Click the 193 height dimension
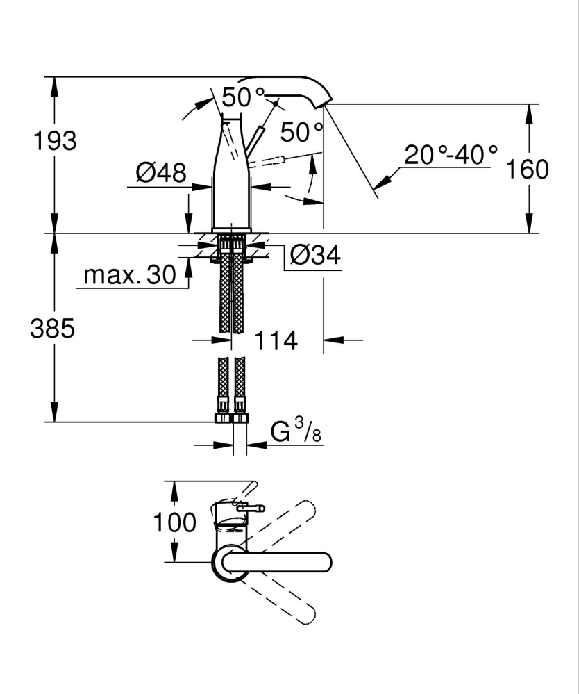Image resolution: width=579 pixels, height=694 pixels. tap(55, 141)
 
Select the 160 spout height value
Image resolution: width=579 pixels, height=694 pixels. tap(527, 169)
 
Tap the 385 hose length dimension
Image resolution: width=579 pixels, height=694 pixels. tap(52, 329)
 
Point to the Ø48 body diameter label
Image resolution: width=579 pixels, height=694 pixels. tap(161, 172)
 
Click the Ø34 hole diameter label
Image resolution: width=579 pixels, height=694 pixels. tap(315, 255)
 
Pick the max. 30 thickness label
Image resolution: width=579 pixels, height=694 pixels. tap(130, 275)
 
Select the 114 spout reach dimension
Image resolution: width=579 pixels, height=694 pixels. tap(276, 340)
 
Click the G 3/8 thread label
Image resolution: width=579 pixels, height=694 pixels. tap(296, 431)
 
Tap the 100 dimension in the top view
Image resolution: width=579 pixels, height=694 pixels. tap(174, 522)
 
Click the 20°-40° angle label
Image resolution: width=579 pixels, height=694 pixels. tap(451, 155)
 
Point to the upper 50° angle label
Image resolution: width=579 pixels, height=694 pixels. tap(243, 97)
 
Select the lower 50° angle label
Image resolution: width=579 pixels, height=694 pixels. tap(302, 132)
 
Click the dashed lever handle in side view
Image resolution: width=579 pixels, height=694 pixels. tap(265, 161)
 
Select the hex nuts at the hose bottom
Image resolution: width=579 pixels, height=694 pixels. tap(231, 418)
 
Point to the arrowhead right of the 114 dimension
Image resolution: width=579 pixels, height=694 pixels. tap(333, 340)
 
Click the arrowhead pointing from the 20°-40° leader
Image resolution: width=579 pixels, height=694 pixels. tap(382, 181)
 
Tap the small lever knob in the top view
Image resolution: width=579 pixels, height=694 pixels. tap(251, 509)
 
